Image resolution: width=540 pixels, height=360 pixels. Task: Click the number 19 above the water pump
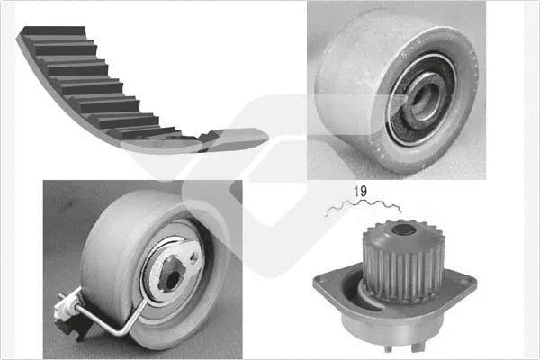[361, 191]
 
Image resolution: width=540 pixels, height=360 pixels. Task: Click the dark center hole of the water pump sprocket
[403, 229]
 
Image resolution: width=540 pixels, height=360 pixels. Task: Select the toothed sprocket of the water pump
[403, 262]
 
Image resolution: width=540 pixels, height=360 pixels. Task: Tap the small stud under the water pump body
[388, 348]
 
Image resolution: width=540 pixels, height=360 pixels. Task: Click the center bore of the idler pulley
[427, 99]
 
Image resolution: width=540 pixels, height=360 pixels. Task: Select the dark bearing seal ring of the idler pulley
[421, 99]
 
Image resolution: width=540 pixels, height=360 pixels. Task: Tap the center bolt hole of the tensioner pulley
[173, 280]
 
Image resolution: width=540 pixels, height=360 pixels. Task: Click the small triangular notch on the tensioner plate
[193, 257]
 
